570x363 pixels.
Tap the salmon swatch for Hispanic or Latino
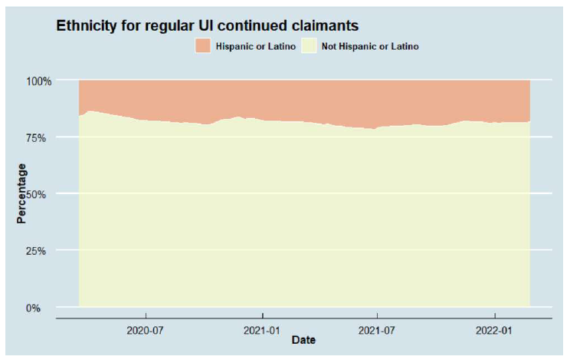(202, 46)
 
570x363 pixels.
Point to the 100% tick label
(39, 81)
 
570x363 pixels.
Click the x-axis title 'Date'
(303, 340)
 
